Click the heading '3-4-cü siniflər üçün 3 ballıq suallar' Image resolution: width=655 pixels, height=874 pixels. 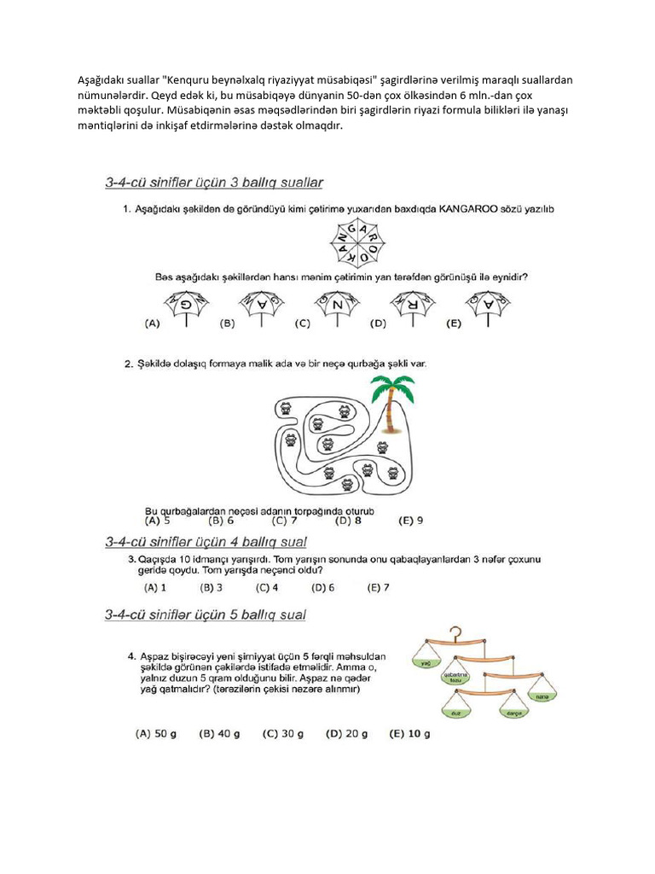(213, 183)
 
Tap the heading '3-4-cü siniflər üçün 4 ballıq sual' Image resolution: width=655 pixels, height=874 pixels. (206, 542)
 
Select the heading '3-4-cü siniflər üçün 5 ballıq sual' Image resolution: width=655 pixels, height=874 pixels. (206, 615)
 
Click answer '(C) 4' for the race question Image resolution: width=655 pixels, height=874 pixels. (270, 587)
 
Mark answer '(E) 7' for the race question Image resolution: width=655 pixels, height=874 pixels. (378, 587)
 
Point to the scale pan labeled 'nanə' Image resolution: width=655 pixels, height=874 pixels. (541, 697)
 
